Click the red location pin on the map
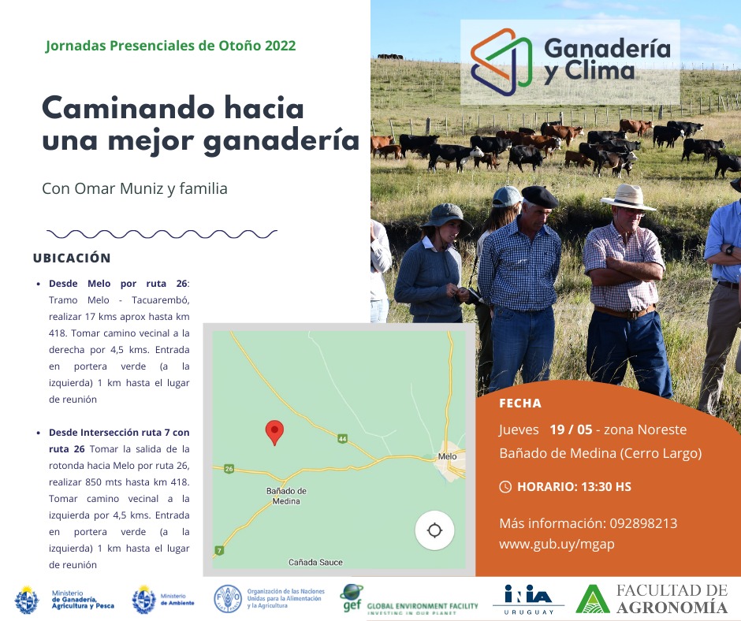click(x=274, y=432)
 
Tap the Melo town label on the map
click(x=447, y=456)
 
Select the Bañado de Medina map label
click(x=286, y=496)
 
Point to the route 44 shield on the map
click(x=343, y=439)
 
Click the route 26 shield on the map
click(x=229, y=469)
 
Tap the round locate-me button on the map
click(x=435, y=530)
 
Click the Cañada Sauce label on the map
click(x=315, y=563)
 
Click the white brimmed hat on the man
click(x=628, y=197)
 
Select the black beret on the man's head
click(x=539, y=196)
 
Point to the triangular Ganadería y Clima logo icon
click(x=501, y=62)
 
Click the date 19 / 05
click(x=571, y=429)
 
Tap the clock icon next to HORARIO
click(x=505, y=487)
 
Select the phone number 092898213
click(x=643, y=523)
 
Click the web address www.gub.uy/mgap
click(x=557, y=545)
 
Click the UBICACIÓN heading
click(x=72, y=258)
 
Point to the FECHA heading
click(x=520, y=403)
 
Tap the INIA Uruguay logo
click(x=528, y=599)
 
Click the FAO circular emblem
click(x=228, y=599)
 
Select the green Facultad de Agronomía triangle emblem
click(x=593, y=599)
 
